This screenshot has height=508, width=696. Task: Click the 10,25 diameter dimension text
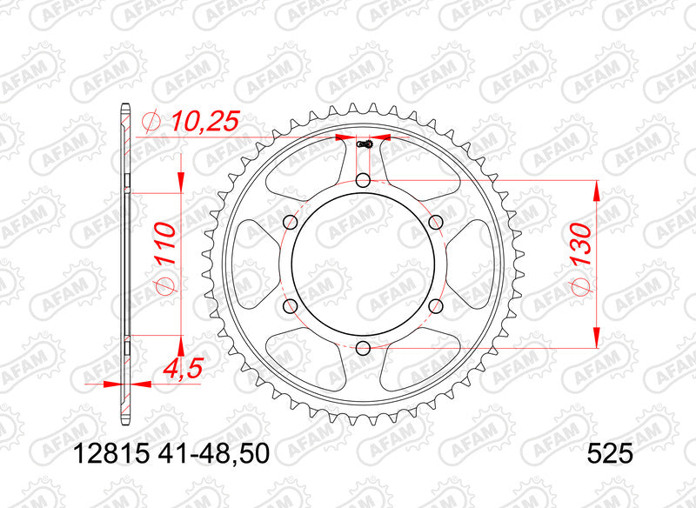[204, 121]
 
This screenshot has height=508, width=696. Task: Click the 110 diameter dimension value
[164, 244]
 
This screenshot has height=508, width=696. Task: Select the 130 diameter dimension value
[580, 244]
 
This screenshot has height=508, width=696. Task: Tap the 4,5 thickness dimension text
[184, 368]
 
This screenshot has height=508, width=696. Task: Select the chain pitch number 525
[610, 454]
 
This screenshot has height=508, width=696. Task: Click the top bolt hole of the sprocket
[364, 180]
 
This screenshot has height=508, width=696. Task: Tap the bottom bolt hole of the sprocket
[364, 348]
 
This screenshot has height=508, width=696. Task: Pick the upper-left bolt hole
[291, 222]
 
